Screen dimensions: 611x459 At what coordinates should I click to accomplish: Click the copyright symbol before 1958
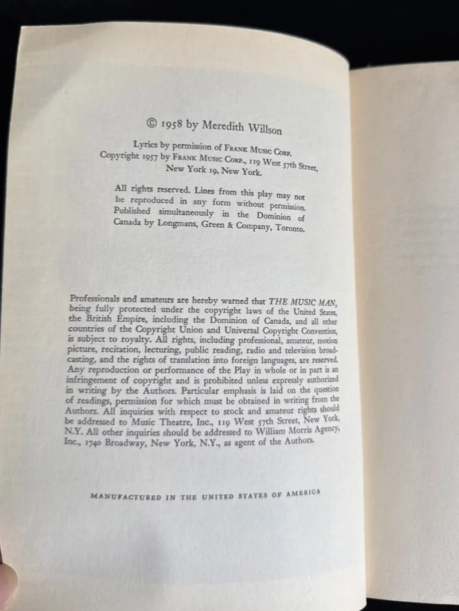coord(151,122)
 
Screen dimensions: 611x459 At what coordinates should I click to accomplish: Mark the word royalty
coord(130,339)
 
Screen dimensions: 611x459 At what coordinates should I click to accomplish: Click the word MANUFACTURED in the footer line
coord(126,498)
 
